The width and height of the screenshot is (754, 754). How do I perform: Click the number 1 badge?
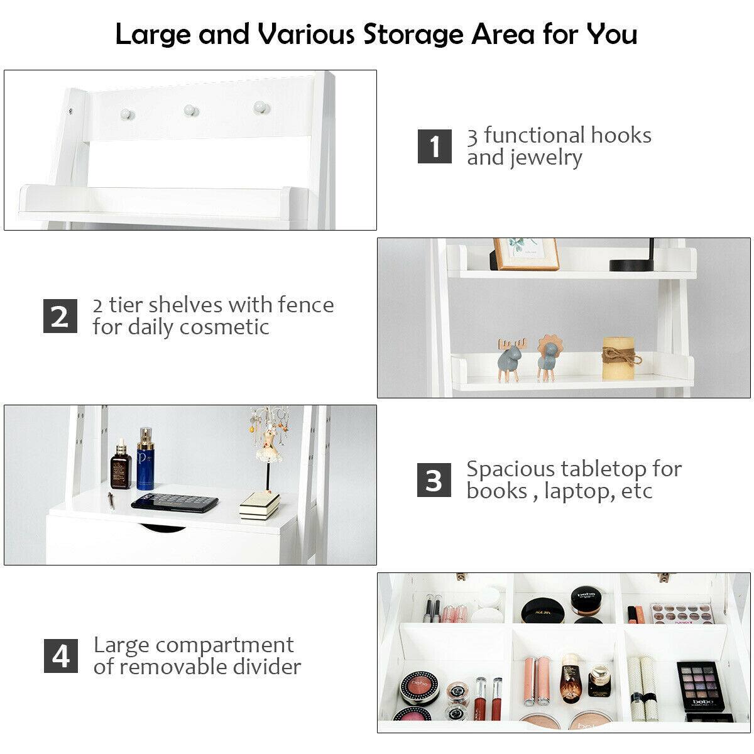pyautogui.click(x=435, y=146)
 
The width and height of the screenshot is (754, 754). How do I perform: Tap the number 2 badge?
pyautogui.click(x=60, y=316)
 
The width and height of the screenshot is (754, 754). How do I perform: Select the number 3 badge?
pyautogui.click(x=434, y=480)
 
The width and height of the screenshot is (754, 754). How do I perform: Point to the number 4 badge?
pyautogui.click(x=61, y=656)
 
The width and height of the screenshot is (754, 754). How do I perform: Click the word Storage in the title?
pyautogui.click(x=426, y=34)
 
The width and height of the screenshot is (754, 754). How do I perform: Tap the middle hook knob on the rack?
pyautogui.click(x=190, y=110)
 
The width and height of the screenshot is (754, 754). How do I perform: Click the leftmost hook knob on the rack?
pyautogui.click(x=126, y=113)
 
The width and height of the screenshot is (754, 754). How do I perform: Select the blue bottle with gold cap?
pyautogui.click(x=146, y=459)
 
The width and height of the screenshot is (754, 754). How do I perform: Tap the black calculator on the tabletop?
pyautogui.click(x=175, y=502)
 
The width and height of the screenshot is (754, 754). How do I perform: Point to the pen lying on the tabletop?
pyautogui.click(x=111, y=500)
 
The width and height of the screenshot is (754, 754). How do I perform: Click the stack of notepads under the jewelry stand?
pyautogui.click(x=260, y=505)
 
